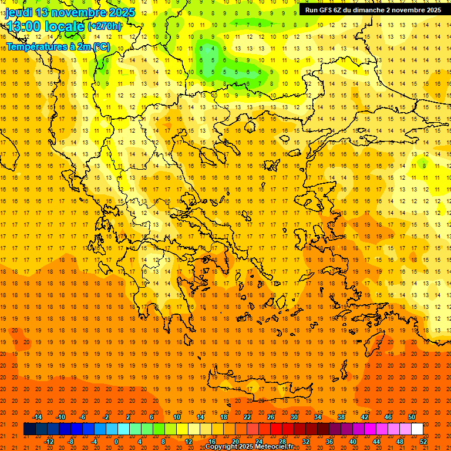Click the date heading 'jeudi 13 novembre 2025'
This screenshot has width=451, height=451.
(70, 12)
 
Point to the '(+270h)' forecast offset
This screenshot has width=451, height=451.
(105, 26)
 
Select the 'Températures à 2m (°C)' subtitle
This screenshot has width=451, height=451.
(58, 46)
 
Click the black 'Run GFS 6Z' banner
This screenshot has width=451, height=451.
(373, 9)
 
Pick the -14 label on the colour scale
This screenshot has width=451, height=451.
(37, 417)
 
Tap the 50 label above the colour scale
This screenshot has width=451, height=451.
(412, 417)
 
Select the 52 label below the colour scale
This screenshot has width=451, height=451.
(424, 442)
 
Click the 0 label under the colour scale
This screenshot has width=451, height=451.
(116, 442)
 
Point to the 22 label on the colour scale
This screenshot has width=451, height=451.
(248, 417)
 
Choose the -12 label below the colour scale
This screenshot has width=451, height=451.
(49, 442)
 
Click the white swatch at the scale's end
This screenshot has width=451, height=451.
(417, 429)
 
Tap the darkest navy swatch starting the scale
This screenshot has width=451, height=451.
(29, 429)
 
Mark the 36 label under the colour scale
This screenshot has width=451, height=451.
(329, 442)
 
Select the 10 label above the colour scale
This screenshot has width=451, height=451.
(177, 417)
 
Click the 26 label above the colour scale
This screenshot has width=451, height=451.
(271, 417)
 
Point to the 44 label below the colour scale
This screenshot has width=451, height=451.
(376, 442)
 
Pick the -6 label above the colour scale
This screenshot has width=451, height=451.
(83, 417)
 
